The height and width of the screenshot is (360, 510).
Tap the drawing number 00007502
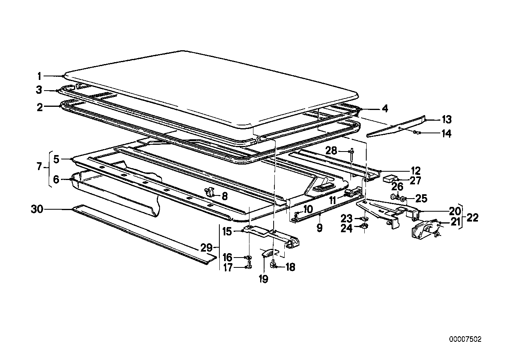coord(465,339)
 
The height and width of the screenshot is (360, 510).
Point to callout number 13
coord(447,119)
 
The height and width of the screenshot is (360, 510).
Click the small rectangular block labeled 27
coord(390,178)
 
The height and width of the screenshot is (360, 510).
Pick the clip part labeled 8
coord(210,193)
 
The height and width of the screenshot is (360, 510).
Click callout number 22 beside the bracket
coord(472,218)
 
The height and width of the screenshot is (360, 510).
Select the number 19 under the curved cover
coord(263,279)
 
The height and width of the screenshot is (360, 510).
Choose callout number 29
coord(206,248)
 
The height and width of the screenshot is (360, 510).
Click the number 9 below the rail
coord(319,228)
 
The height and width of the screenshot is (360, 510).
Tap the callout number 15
coord(226,231)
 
